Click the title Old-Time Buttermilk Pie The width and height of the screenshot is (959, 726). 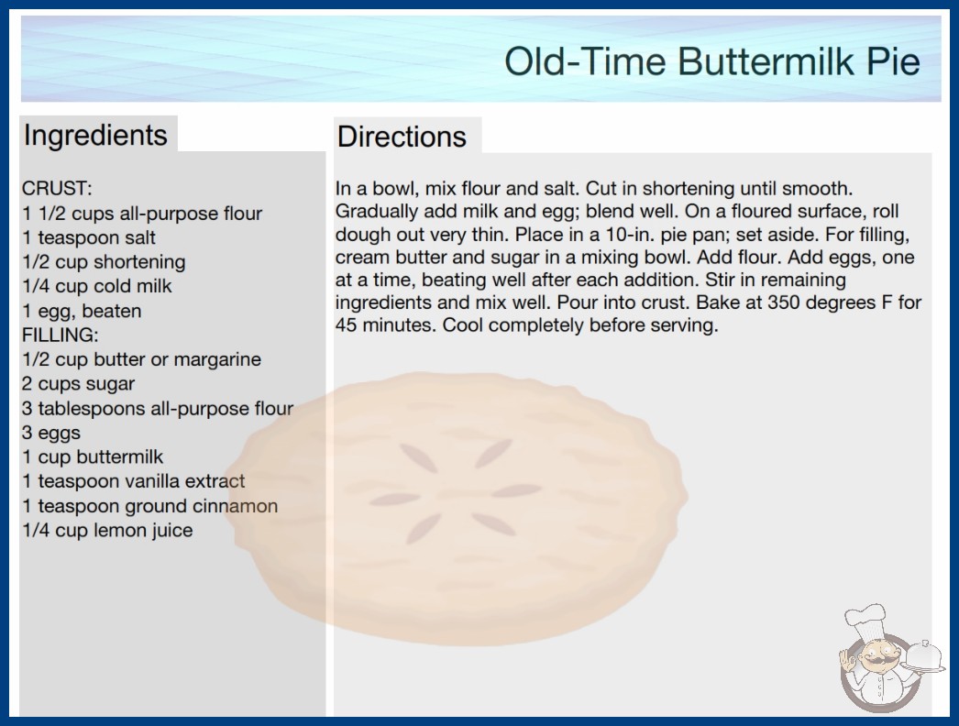711,61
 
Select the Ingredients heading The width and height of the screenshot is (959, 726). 95,136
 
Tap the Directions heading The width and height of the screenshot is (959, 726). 402,137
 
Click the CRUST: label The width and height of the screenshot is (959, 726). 57,188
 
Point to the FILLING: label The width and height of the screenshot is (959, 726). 60,335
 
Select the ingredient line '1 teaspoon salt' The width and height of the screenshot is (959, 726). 89,237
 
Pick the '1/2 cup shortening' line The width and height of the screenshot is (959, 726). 104,262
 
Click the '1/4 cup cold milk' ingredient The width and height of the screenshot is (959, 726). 96,286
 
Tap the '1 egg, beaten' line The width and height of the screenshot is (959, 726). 82,311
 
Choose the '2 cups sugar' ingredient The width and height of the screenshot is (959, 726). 78,383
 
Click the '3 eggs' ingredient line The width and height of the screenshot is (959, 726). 51,433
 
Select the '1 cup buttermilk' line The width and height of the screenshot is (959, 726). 93,456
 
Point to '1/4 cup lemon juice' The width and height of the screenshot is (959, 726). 107,530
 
